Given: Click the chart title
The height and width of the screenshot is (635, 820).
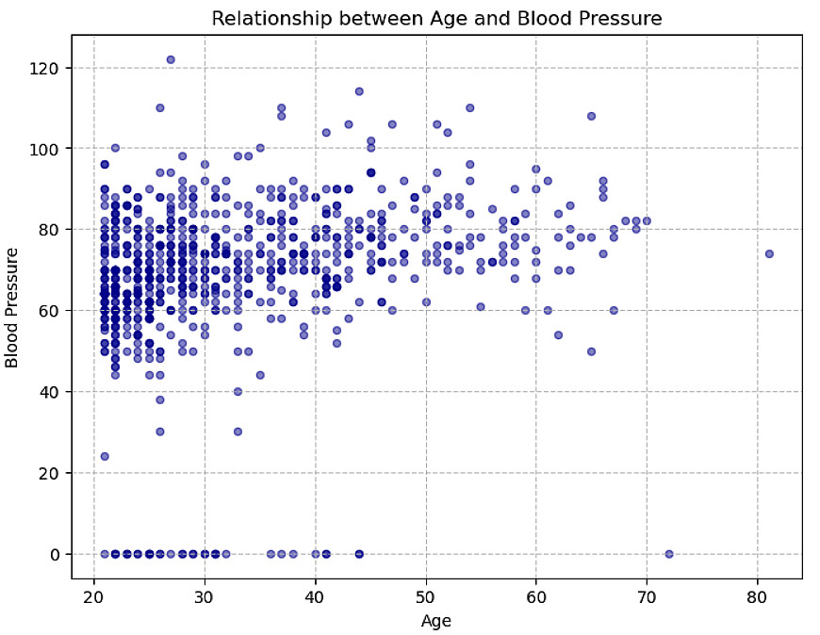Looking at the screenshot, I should pos(436,18).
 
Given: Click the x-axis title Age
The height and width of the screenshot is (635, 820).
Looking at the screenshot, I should pos(436,620).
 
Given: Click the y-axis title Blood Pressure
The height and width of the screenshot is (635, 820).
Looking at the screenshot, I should pos(13,307).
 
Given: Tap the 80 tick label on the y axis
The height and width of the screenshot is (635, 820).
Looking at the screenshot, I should pos(51,230).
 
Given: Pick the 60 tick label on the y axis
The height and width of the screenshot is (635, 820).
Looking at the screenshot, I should pos(51,311).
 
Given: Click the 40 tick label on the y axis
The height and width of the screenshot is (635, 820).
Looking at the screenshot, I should pos(51,392).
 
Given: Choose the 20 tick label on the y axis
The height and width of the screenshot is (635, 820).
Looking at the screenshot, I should pos(51,473).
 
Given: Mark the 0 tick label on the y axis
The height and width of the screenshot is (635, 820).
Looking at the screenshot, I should pos(55,554).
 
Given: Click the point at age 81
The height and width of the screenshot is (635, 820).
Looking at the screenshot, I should pos(769,253).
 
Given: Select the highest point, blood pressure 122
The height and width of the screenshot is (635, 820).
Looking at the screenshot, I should pos(171,59).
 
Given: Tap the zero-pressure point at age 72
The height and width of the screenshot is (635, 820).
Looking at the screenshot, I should pos(669,554).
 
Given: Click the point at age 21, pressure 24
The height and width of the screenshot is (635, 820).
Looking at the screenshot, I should pos(105,456).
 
